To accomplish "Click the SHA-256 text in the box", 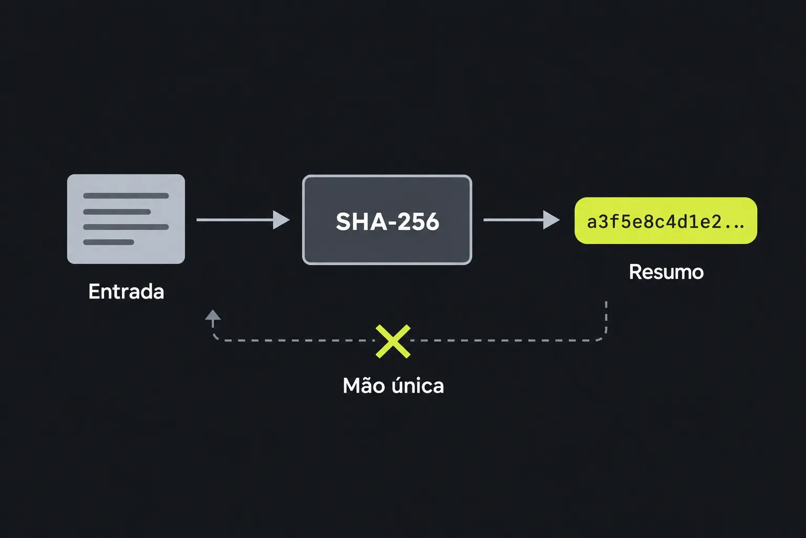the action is [x=388, y=221].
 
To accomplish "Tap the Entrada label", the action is [x=126, y=291].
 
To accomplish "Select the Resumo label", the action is [x=666, y=272].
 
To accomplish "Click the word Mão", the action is [x=363, y=385].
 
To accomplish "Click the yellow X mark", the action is [x=393, y=342].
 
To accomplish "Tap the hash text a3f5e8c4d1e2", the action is [x=654, y=222].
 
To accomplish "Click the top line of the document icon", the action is [x=126, y=195].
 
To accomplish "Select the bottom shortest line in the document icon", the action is [x=109, y=242].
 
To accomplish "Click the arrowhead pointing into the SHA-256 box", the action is [x=281, y=220].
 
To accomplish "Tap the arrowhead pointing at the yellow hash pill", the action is [x=552, y=220].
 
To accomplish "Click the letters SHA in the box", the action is [x=362, y=221].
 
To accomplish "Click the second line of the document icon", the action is [x=117, y=212].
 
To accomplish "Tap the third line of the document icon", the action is [x=126, y=227].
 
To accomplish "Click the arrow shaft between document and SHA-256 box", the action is [x=235, y=220].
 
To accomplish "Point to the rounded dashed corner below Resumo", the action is [x=601, y=336].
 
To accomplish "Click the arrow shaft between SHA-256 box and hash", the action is [x=514, y=220].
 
